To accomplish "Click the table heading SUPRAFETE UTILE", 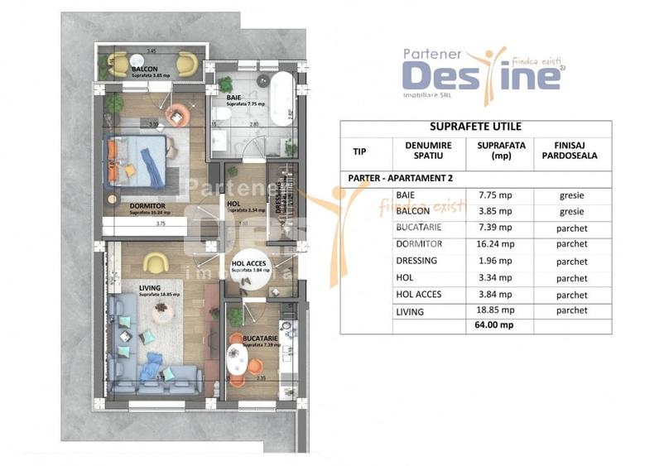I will pyautogui.click(x=475, y=127).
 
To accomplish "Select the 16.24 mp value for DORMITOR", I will pyautogui.click(x=496, y=244).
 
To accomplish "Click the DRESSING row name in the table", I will pyautogui.click(x=416, y=261).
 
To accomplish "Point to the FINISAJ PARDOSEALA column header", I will pyautogui.click(x=571, y=152).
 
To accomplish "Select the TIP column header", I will pyautogui.click(x=358, y=152).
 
